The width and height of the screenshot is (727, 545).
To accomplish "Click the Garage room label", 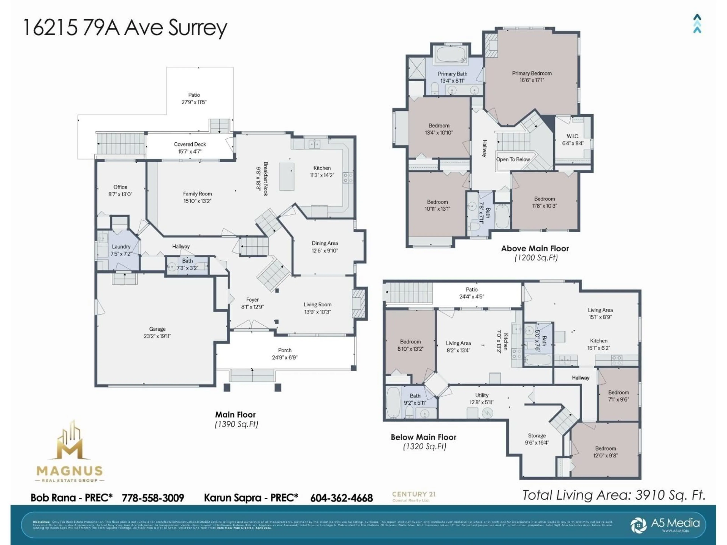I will pyautogui.click(x=157, y=329).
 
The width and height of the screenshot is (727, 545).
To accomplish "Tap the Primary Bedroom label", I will pyautogui.click(x=531, y=73).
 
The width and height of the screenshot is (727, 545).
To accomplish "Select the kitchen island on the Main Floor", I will pyautogui.click(x=287, y=176).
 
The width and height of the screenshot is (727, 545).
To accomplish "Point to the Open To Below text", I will pyautogui.click(x=513, y=159).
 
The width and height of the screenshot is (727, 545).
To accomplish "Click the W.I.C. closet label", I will pyautogui.click(x=573, y=136).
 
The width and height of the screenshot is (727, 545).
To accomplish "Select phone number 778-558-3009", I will pyautogui.click(x=153, y=498).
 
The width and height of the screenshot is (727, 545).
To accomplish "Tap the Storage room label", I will pyautogui.click(x=537, y=436).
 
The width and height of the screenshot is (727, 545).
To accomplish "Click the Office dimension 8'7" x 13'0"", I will pyautogui.click(x=120, y=194).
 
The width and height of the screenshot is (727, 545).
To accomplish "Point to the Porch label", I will pyautogui.click(x=285, y=350).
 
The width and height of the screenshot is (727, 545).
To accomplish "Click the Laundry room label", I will pyautogui.click(x=121, y=246).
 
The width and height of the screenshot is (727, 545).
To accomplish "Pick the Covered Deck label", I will pyautogui.click(x=190, y=144).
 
